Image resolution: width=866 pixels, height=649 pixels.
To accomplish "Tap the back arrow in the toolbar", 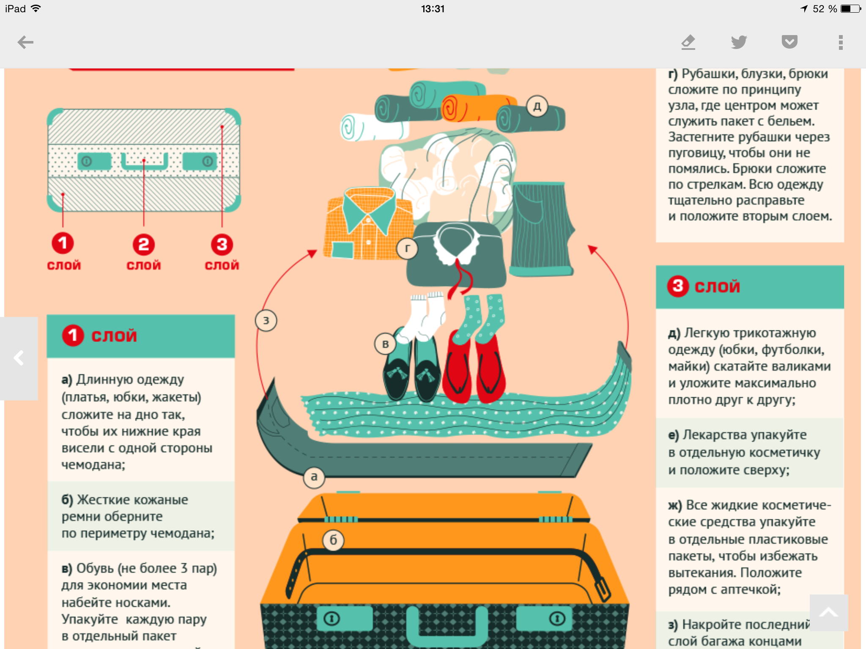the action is click(25, 42).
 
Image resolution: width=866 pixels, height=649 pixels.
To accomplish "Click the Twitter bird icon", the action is click(739, 42).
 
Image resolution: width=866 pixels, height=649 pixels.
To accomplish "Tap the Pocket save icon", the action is click(789, 42).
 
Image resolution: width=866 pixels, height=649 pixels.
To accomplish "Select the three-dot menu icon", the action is click(841, 42).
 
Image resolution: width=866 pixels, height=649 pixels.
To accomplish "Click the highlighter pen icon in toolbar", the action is click(688, 42).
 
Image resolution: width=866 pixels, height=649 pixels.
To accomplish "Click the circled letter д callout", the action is click(537, 106).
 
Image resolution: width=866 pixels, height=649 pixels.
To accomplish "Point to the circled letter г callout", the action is click(407, 248).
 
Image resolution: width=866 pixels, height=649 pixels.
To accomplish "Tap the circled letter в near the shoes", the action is click(385, 344).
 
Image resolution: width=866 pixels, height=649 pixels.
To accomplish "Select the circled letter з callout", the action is click(266, 320).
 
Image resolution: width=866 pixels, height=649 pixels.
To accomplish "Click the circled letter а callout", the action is click(314, 477).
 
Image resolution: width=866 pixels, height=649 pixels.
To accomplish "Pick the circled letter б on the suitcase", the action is click(333, 540).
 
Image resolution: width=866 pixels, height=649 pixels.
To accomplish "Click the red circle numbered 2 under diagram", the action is click(144, 245).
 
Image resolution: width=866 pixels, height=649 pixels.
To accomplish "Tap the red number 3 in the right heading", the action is click(678, 286).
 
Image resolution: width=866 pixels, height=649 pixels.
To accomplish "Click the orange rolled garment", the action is click(478, 108).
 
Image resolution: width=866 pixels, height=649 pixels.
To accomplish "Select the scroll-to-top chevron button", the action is click(829, 612).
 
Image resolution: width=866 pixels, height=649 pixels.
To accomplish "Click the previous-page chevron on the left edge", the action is click(19, 358).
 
